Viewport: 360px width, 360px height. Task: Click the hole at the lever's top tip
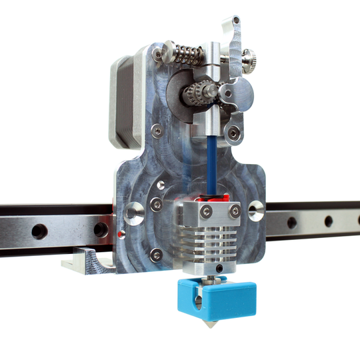236,22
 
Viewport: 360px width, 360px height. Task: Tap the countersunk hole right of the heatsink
257,212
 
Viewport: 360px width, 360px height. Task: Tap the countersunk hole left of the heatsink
133,214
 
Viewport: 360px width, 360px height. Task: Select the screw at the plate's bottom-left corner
155,253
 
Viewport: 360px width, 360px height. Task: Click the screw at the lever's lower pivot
233,133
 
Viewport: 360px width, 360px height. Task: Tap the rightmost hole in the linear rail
329,221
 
